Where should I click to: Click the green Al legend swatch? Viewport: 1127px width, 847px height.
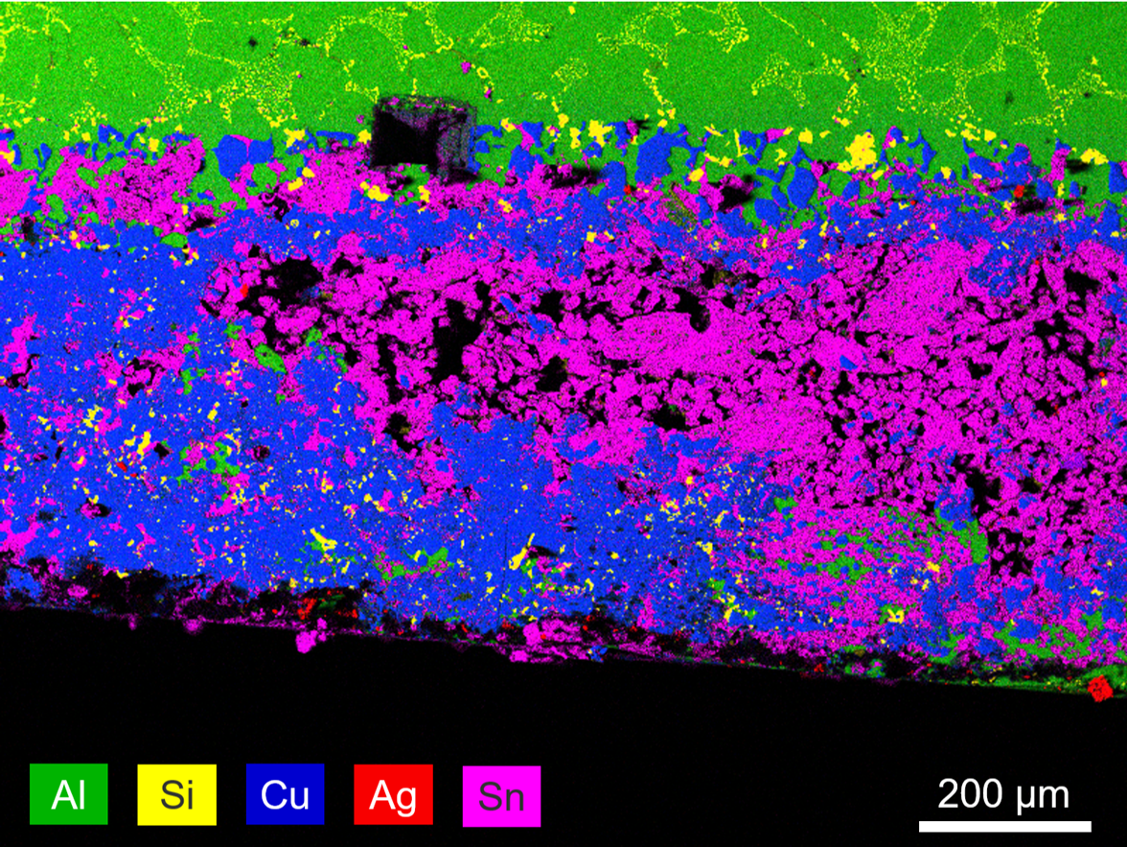point(69,795)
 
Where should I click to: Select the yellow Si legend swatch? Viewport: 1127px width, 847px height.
point(176,795)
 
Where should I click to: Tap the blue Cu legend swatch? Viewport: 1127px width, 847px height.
point(285,795)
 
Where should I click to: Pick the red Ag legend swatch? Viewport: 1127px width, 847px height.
point(393,795)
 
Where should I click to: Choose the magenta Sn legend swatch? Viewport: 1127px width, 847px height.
point(501,795)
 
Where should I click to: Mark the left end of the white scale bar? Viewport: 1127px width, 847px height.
point(921,825)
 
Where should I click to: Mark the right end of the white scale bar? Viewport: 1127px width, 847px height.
point(1090,825)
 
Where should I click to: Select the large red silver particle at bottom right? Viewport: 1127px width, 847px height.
point(1099,687)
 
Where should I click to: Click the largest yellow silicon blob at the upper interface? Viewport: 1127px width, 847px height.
point(862,150)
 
